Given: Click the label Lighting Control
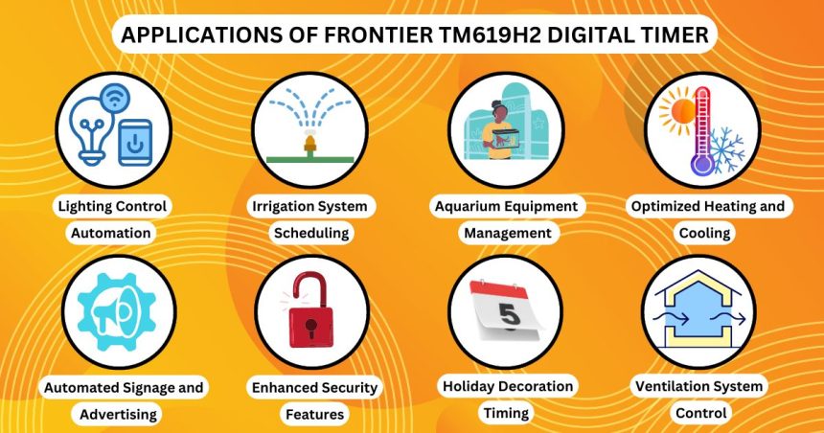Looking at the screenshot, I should [x=112, y=206].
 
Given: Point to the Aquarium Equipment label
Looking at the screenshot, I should [x=506, y=206].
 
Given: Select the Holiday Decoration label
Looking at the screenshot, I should [x=507, y=386].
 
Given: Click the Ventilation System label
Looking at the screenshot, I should [x=700, y=387].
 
